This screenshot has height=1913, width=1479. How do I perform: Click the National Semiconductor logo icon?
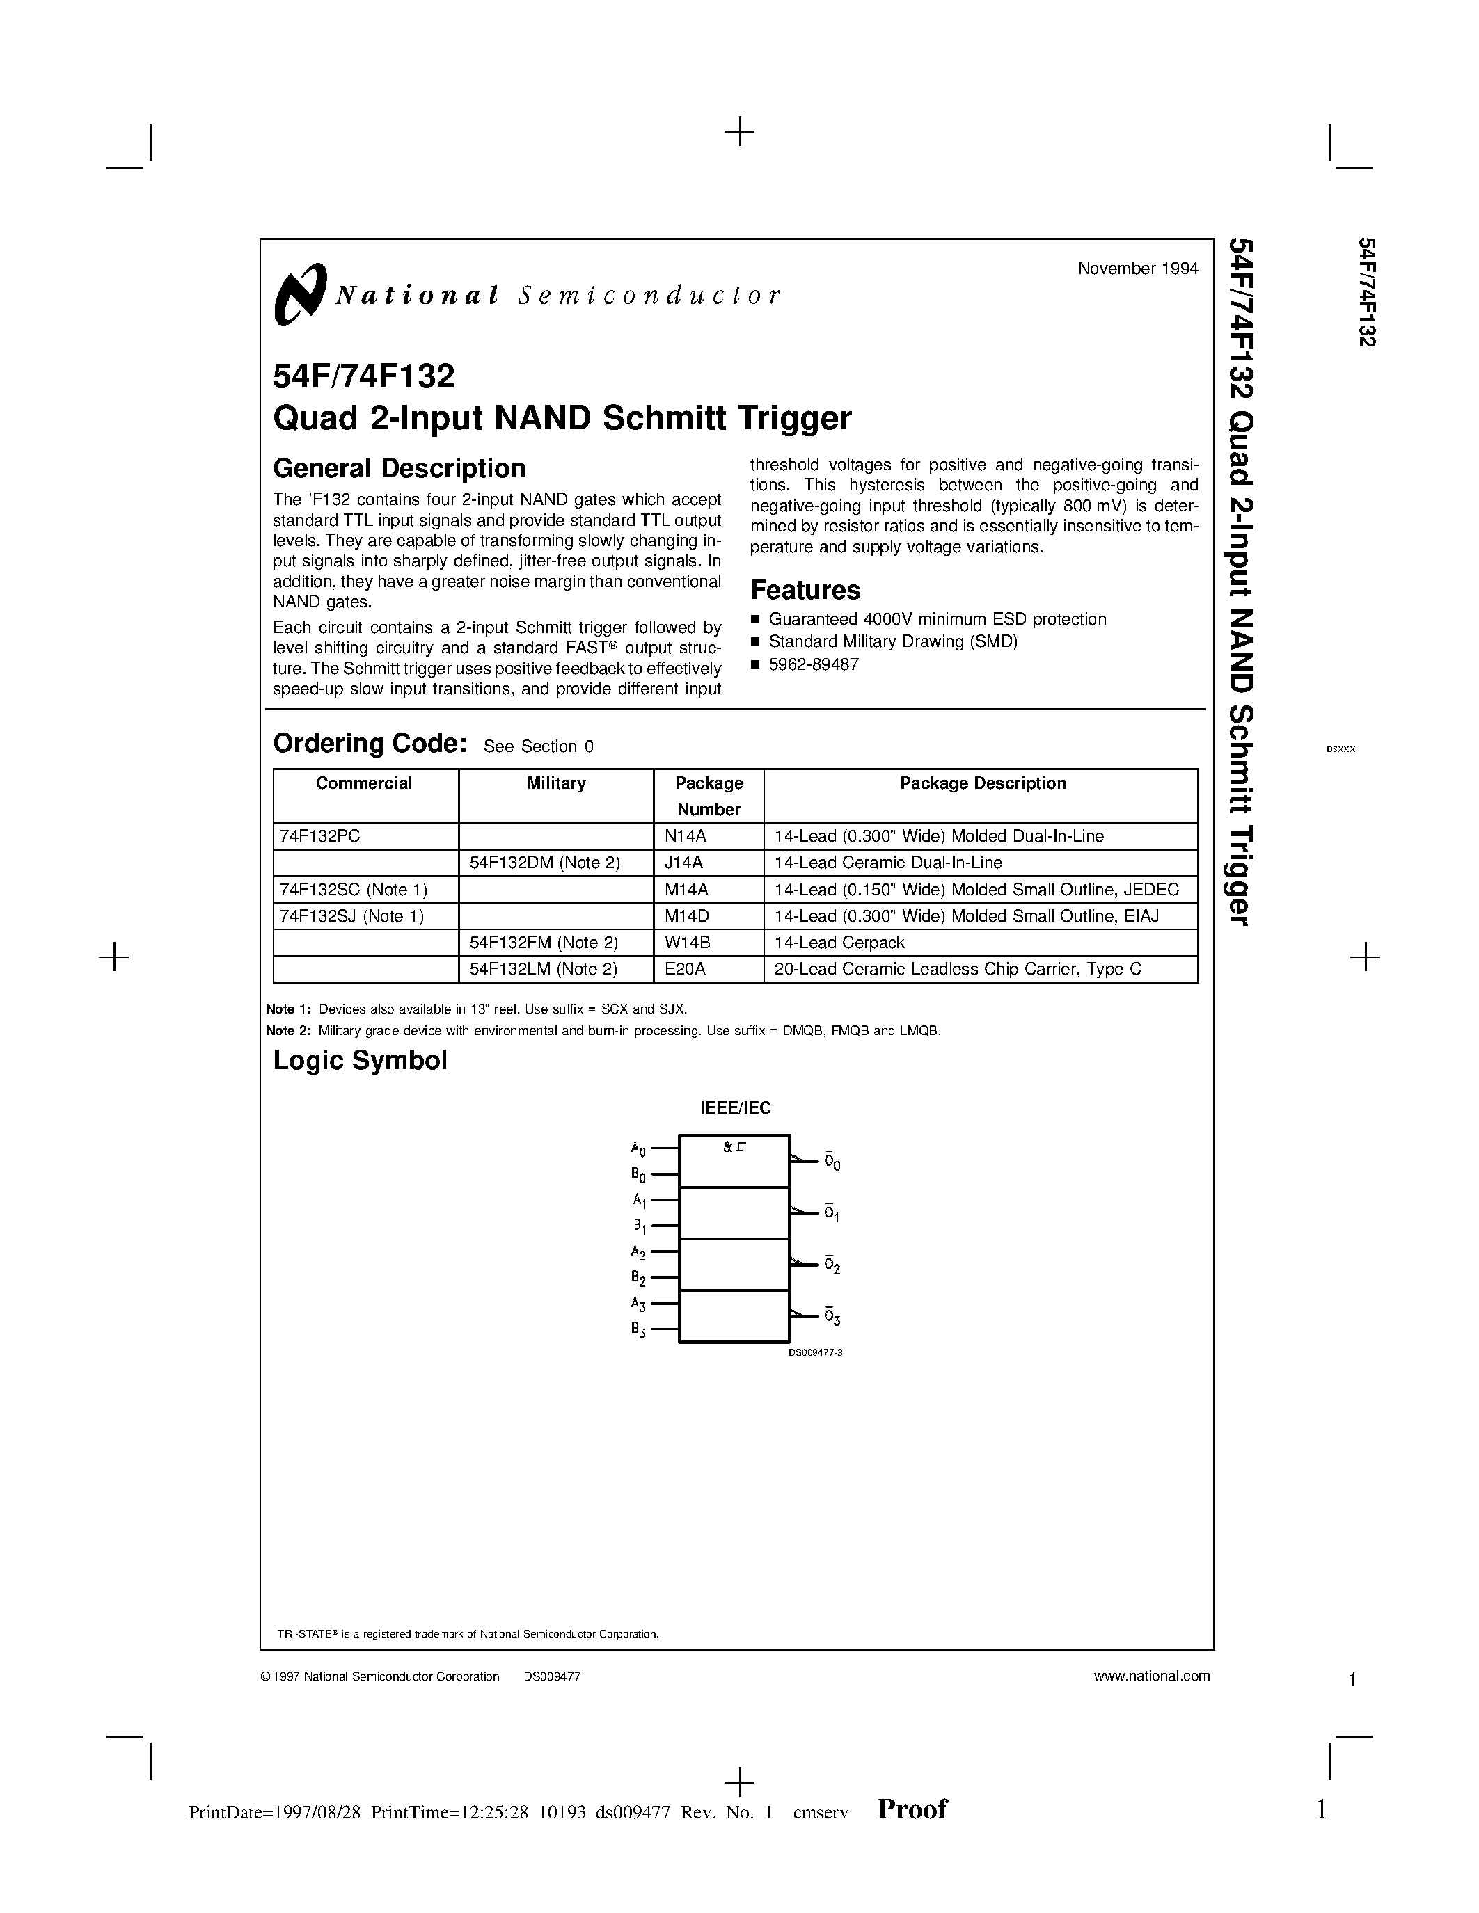point(299,294)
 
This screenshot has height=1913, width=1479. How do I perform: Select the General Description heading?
point(399,469)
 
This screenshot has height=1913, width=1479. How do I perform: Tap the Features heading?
point(805,589)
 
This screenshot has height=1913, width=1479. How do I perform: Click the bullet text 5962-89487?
point(813,664)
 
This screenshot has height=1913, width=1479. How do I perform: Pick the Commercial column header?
point(363,783)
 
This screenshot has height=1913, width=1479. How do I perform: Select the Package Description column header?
point(982,783)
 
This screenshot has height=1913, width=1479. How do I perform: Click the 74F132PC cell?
point(319,835)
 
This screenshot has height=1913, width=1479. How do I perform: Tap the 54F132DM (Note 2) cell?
point(544,863)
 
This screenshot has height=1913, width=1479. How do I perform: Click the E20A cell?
point(685,969)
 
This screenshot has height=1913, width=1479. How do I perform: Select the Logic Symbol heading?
point(360,1061)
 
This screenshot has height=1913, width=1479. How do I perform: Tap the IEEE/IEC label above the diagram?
point(735,1108)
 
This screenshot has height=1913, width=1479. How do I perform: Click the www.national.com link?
point(1151,1676)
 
